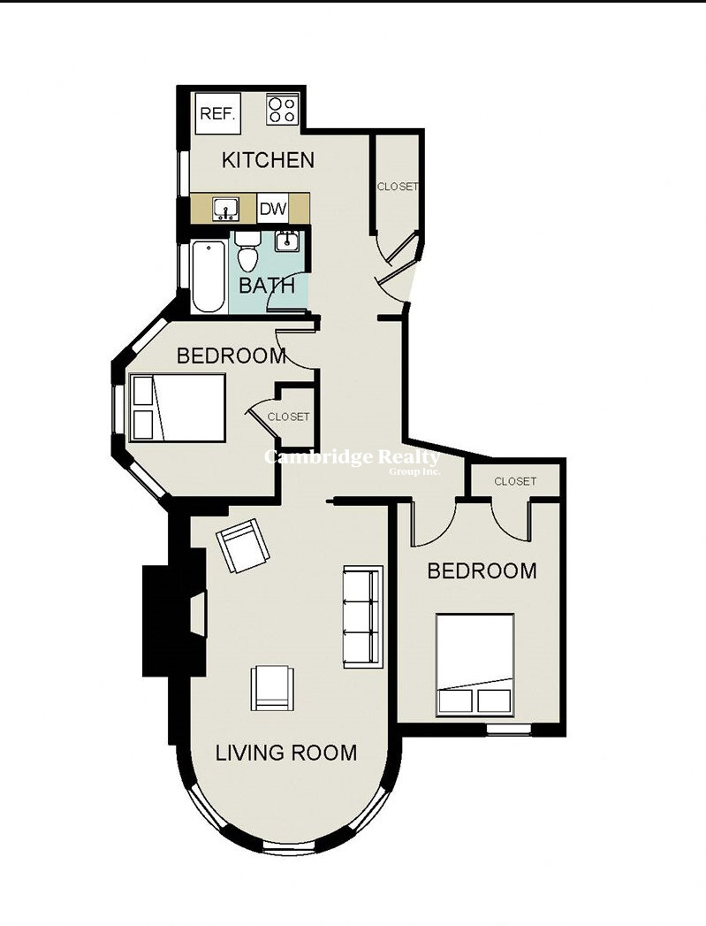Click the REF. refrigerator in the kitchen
[x=218, y=113]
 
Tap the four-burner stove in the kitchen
[x=282, y=110]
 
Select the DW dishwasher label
[x=273, y=209]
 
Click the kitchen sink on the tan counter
[x=225, y=209]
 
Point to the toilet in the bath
[x=248, y=251]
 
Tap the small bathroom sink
[x=287, y=241]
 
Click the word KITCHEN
[x=268, y=160]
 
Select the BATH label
[x=267, y=286]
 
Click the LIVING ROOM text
[x=286, y=753]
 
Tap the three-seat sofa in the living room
[x=363, y=617]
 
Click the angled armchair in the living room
[x=242, y=546]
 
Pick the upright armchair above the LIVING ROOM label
[x=272, y=688]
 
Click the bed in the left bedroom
[x=177, y=407]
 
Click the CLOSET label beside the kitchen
[x=398, y=187]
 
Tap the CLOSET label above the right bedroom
[x=515, y=481]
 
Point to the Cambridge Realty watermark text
[x=352, y=459]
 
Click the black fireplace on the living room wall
[x=175, y=621]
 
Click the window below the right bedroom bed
[x=508, y=730]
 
